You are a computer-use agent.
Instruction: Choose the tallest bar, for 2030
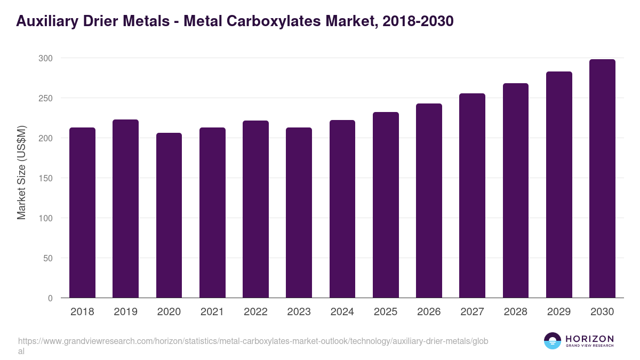coord(602,178)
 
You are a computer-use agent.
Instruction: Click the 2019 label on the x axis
coord(125,312)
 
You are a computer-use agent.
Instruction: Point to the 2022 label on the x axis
coord(255,312)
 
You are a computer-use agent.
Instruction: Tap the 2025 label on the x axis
coord(386,312)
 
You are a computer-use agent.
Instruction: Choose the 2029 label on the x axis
coord(559,312)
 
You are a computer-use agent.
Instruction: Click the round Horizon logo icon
coord(553,341)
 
